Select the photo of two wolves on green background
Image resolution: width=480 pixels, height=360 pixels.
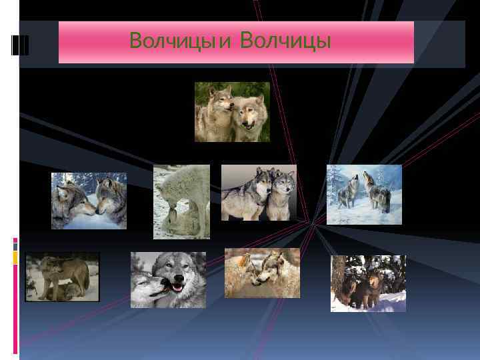pyautogui.click(x=232, y=112)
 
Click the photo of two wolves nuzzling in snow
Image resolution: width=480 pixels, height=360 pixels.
pyautogui.click(x=89, y=201)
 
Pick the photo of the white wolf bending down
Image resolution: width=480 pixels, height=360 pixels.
pyautogui.click(x=181, y=201)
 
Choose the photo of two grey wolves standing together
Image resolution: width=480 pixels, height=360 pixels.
pyautogui.click(x=259, y=193)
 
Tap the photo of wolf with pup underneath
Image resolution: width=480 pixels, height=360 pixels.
pyautogui.click(x=63, y=277)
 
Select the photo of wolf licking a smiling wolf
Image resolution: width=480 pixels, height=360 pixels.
pyautogui.click(x=168, y=280)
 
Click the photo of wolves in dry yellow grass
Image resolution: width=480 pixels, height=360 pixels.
pyautogui.click(x=262, y=273)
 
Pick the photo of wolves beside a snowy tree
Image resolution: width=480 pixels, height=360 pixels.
pyautogui.click(x=368, y=283)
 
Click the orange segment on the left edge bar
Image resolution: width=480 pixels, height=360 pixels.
pyautogui.click(x=15, y=257)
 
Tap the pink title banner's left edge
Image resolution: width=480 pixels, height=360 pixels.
pyautogui.click(x=61, y=43)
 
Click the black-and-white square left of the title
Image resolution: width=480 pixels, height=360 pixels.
pyautogui.click(x=21, y=44)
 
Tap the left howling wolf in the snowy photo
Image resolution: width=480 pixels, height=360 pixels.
pyautogui.click(x=347, y=192)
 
